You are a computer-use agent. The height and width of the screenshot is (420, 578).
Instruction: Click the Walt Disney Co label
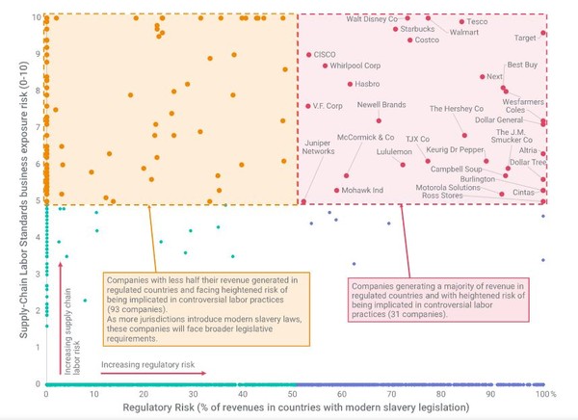point(372,18)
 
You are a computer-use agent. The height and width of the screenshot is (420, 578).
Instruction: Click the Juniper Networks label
point(319,146)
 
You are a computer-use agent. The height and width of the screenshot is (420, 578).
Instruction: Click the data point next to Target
point(543,33)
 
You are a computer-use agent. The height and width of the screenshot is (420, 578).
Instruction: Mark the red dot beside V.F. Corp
point(307,106)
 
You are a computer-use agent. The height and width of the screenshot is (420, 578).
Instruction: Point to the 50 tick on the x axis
point(292,395)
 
